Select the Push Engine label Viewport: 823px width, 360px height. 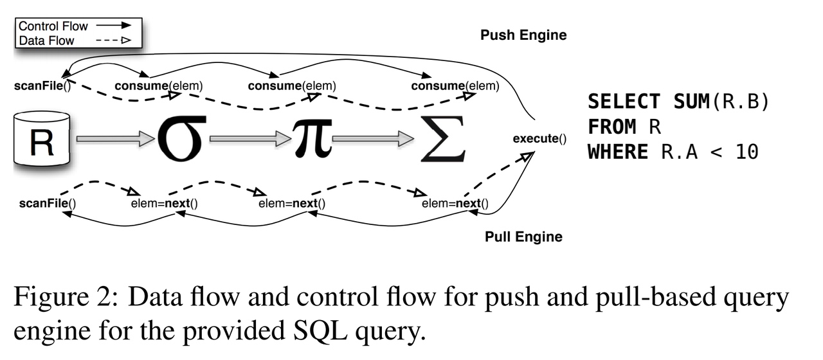[x=523, y=35]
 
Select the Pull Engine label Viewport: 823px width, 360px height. [x=523, y=237]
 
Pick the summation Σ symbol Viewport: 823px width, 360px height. [x=443, y=139]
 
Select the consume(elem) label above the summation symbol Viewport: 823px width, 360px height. [x=455, y=85]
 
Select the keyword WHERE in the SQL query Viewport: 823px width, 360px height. [x=617, y=152]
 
